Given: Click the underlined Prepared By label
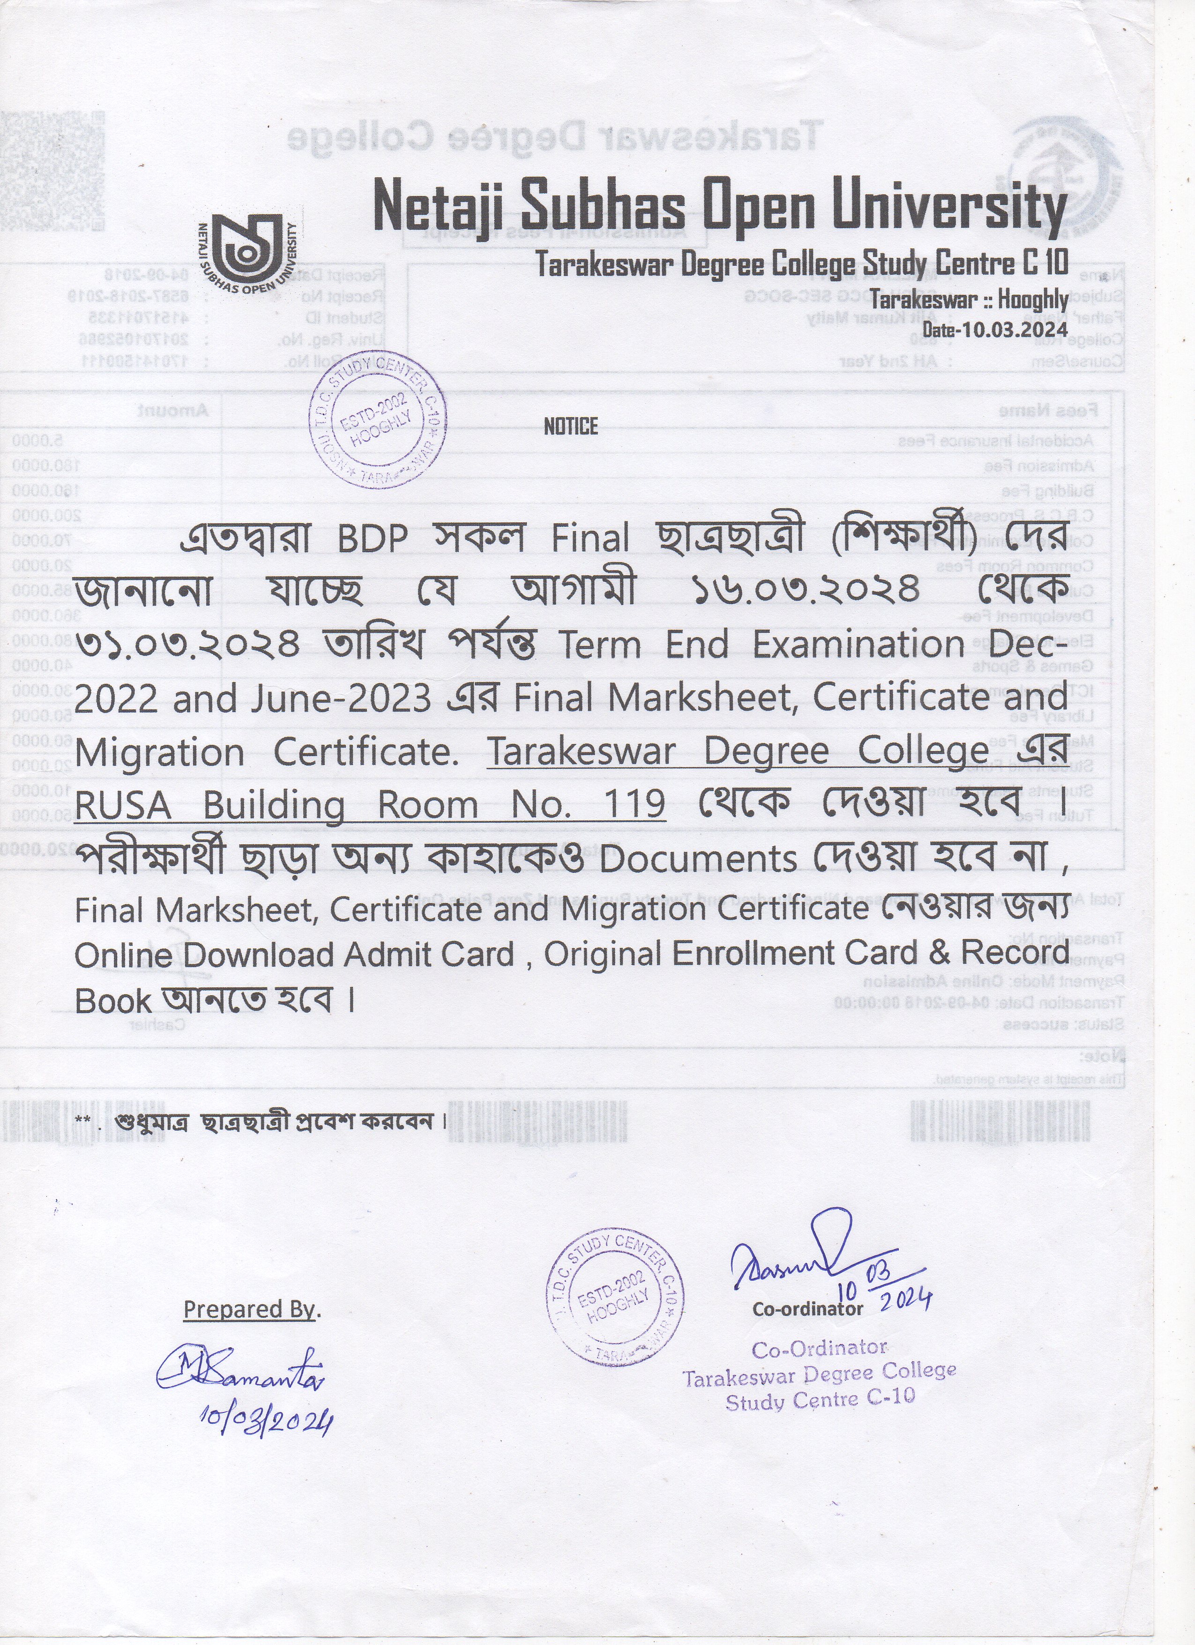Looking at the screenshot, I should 250,1309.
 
